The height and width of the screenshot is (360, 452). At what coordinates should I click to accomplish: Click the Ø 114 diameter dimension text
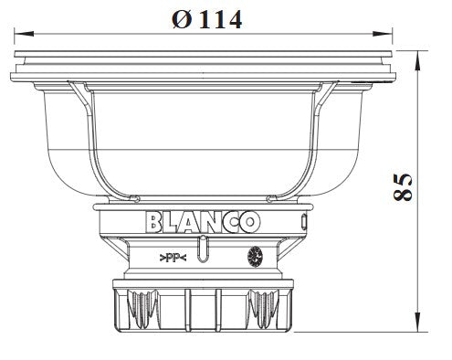pyautogui.click(x=207, y=20)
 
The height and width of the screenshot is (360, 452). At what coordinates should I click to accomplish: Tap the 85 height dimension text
pyautogui.click(x=403, y=187)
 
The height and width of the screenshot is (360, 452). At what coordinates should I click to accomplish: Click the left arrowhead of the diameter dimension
pyautogui.click(x=24, y=33)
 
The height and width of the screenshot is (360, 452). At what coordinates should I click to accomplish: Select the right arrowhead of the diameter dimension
pyautogui.click(x=383, y=33)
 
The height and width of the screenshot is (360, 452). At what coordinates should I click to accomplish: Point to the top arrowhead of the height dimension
pyautogui.click(x=419, y=60)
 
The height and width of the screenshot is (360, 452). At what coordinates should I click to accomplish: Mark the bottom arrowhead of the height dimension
pyautogui.click(x=419, y=323)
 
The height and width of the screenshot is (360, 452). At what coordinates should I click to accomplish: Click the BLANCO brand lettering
pyautogui.click(x=203, y=222)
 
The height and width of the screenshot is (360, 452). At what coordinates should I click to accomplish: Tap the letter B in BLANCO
pyautogui.click(x=153, y=222)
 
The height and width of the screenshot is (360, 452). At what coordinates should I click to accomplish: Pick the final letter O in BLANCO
pyautogui.click(x=250, y=222)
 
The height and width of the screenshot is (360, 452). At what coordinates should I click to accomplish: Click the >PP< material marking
pyautogui.click(x=173, y=259)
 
